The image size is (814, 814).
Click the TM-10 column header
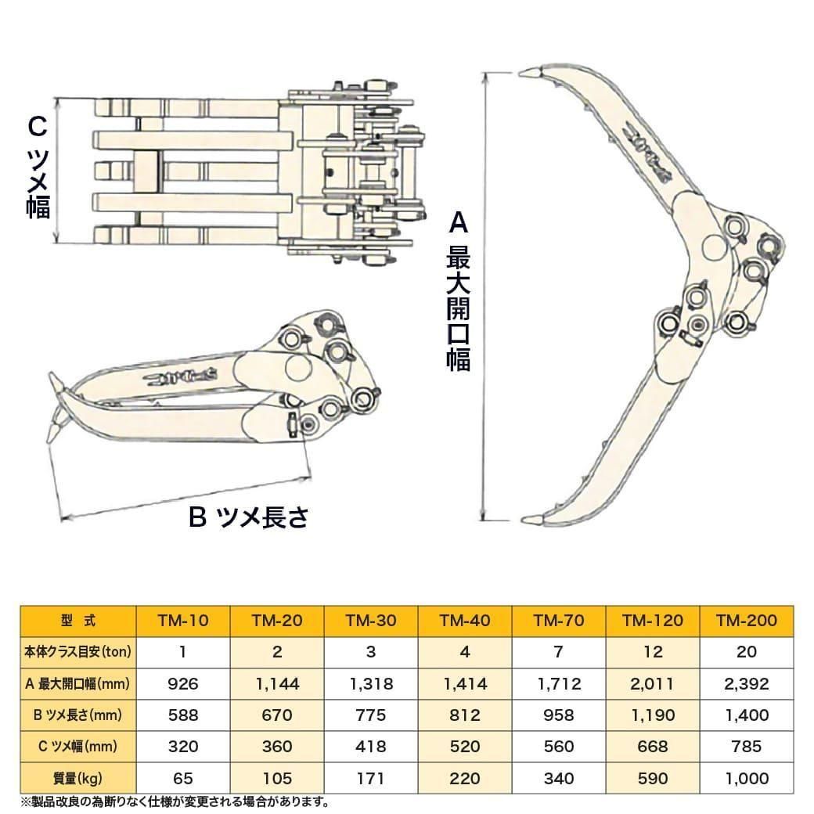[x=183, y=621]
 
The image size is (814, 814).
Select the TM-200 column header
[x=747, y=621]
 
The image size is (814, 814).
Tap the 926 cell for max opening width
[x=183, y=684]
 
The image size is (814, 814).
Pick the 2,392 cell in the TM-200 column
[x=747, y=684]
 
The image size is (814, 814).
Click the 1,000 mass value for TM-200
[x=747, y=779]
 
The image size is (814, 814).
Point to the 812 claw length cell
[x=465, y=715]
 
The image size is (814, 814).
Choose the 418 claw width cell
[x=371, y=747]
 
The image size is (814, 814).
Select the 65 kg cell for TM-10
[x=183, y=779]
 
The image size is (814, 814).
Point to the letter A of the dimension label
[x=458, y=225]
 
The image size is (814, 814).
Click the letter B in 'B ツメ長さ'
[x=198, y=517]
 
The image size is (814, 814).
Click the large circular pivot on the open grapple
[x=715, y=247]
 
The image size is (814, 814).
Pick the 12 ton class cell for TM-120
[x=653, y=652]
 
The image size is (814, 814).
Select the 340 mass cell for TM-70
[x=559, y=779]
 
